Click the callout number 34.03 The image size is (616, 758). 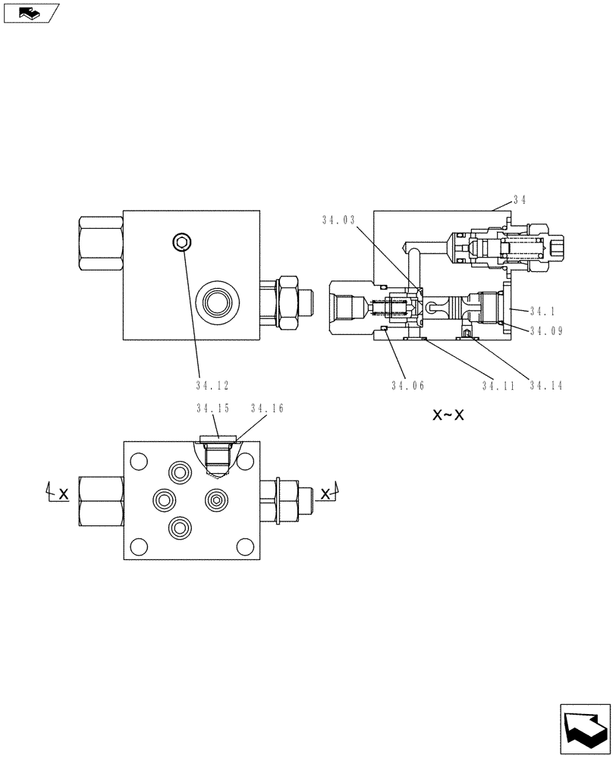[x=338, y=221]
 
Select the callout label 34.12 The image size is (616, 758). [x=212, y=385]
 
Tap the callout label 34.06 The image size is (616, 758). [x=408, y=385]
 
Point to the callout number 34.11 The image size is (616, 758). [x=498, y=385]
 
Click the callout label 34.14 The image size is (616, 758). [x=546, y=385]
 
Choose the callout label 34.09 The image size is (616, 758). [x=546, y=330]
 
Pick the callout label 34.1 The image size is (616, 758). [x=543, y=311]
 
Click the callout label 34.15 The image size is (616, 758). [x=212, y=409]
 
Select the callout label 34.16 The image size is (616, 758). [x=267, y=409]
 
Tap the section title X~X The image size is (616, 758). [x=448, y=415]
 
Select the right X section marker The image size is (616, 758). [x=326, y=493]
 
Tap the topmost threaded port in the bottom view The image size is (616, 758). [x=180, y=473]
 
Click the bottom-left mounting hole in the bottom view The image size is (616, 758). [x=138, y=546]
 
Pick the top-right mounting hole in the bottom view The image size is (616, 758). [x=245, y=460]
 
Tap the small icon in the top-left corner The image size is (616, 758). [x=30, y=12]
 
